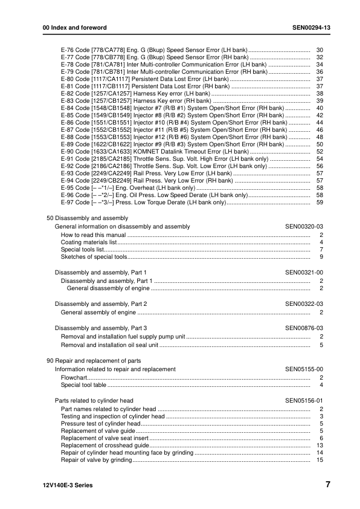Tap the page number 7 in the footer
(x=327, y=485)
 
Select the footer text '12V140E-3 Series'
(x=64, y=485)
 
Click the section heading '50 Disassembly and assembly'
(x=87, y=218)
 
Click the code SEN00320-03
(x=304, y=226)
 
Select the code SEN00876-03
(x=304, y=328)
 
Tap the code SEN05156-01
(x=304, y=401)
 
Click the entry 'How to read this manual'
(x=93, y=235)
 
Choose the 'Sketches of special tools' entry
(x=94, y=257)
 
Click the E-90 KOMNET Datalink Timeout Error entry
(x=155, y=151)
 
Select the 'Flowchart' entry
(x=75, y=377)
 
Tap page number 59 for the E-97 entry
(x=320, y=203)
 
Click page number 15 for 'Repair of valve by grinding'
(x=320, y=460)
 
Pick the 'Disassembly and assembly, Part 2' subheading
(x=101, y=303)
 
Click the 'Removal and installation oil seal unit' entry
(x=109, y=345)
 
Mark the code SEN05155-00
(x=304, y=369)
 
